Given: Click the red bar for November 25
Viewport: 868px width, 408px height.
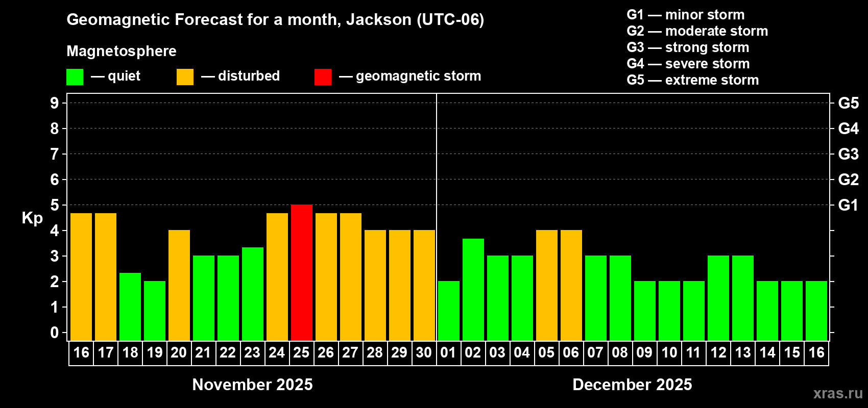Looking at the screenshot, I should pyautogui.click(x=302, y=273).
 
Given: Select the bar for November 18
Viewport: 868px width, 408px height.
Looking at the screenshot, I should pyautogui.click(x=130, y=307).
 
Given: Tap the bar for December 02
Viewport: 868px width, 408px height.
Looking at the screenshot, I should pyautogui.click(x=473, y=290).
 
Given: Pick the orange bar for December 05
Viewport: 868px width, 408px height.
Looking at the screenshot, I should pyautogui.click(x=547, y=285).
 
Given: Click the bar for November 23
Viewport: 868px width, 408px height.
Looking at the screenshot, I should pyautogui.click(x=253, y=294).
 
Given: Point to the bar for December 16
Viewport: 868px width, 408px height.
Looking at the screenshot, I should pyautogui.click(x=816, y=311).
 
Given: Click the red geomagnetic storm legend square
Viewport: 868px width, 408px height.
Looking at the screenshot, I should pyautogui.click(x=323, y=77).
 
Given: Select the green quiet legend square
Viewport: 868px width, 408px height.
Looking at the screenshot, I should pyautogui.click(x=75, y=77).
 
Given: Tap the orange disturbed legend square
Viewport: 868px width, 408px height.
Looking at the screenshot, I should pyautogui.click(x=185, y=77).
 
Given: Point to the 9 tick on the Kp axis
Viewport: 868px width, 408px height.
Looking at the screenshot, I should pyautogui.click(x=55, y=103).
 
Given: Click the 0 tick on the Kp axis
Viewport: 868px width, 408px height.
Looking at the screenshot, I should pyautogui.click(x=55, y=333).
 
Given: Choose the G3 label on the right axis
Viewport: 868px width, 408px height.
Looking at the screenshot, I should pyautogui.click(x=848, y=154).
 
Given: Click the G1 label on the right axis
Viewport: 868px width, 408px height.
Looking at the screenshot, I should pyautogui.click(x=848, y=205).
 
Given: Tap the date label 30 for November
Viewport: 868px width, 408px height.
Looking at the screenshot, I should pyautogui.click(x=424, y=352).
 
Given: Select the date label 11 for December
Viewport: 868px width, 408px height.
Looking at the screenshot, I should pyautogui.click(x=693, y=352).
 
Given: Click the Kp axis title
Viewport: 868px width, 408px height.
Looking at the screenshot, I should pyautogui.click(x=32, y=218).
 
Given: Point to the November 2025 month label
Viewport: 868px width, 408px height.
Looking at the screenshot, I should pyautogui.click(x=252, y=385).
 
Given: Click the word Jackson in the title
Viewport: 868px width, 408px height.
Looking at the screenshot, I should pyautogui.click(x=379, y=20).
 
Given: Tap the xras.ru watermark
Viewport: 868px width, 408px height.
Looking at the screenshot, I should pyautogui.click(x=838, y=393).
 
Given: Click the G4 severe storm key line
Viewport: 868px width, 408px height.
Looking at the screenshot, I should pyautogui.click(x=688, y=64).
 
